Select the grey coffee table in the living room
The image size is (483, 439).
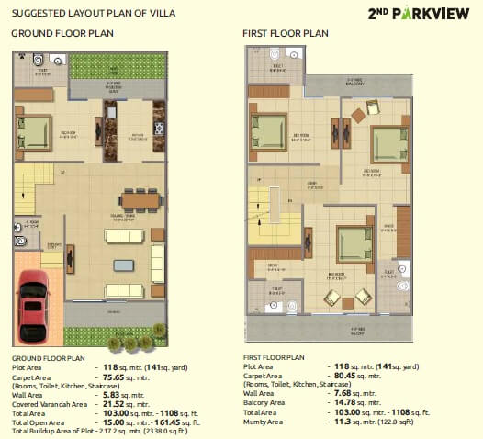point(123,265)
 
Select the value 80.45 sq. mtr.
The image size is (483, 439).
point(354,375)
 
